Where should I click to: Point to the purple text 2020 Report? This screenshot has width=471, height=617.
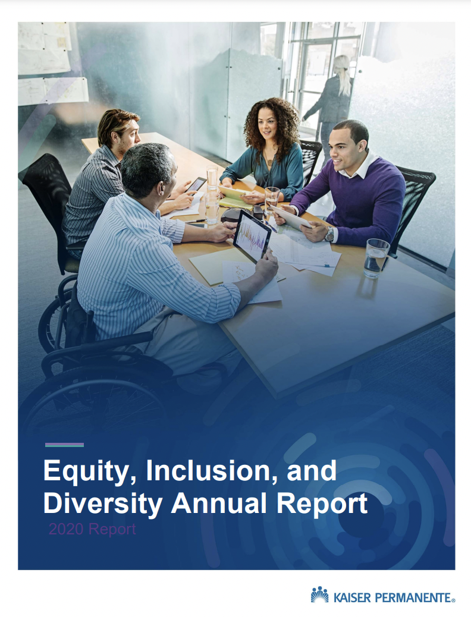pyautogui.click(x=92, y=529)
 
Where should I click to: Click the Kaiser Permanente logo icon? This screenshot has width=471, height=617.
pyautogui.click(x=319, y=594)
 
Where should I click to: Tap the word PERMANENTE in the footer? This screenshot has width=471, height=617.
pyautogui.click(x=413, y=598)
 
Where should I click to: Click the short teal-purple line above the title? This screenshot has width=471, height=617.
pyautogui.click(x=65, y=445)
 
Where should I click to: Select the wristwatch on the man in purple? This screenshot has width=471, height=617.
pyautogui.click(x=329, y=234)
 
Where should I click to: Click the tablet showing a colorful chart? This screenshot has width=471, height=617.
pyautogui.click(x=252, y=235)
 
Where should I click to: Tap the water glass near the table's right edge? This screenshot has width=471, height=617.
pyautogui.click(x=376, y=258)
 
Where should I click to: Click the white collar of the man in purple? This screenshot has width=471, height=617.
pyautogui.click(x=359, y=165)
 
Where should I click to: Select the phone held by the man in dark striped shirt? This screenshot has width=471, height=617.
pyautogui.click(x=196, y=184)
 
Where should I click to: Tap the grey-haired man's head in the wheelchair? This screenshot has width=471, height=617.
pyautogui.click(x=148, y=170)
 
